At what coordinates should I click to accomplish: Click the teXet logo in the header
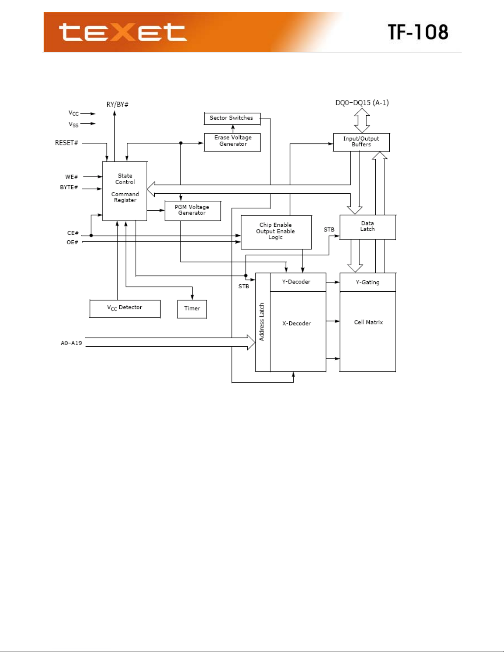[123, 32]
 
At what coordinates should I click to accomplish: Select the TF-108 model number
[418, 32]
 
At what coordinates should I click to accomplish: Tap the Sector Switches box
[232, 118]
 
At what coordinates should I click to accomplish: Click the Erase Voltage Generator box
[232, 142]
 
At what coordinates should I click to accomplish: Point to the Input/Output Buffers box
[362, 142]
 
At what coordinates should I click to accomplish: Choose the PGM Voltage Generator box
[193, 211]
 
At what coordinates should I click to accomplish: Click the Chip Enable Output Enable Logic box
[276, 232]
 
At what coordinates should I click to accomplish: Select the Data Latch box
[368, 227]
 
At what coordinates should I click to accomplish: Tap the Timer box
[192, 309]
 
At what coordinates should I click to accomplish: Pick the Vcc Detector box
[125, 309]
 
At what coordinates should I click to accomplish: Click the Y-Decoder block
[298, 282]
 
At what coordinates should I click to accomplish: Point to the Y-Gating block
[368, 282]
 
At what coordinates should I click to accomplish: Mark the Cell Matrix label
[368, 322]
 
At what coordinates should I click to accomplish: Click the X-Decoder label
[296, 323]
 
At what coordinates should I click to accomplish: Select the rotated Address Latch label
[262, 322]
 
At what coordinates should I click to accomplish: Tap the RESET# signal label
[66, 143]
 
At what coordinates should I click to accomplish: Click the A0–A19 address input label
[72, 343]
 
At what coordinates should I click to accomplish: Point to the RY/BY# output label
[117, 104]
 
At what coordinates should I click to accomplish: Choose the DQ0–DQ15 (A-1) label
[362, 103]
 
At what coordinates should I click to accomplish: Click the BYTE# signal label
[69, 187]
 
